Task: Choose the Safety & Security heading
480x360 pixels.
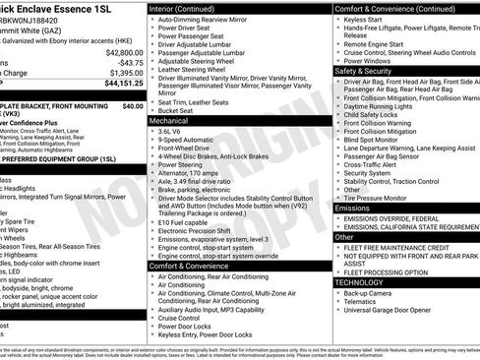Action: pos(364,71)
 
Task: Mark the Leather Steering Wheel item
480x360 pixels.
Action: pos(199,70)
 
